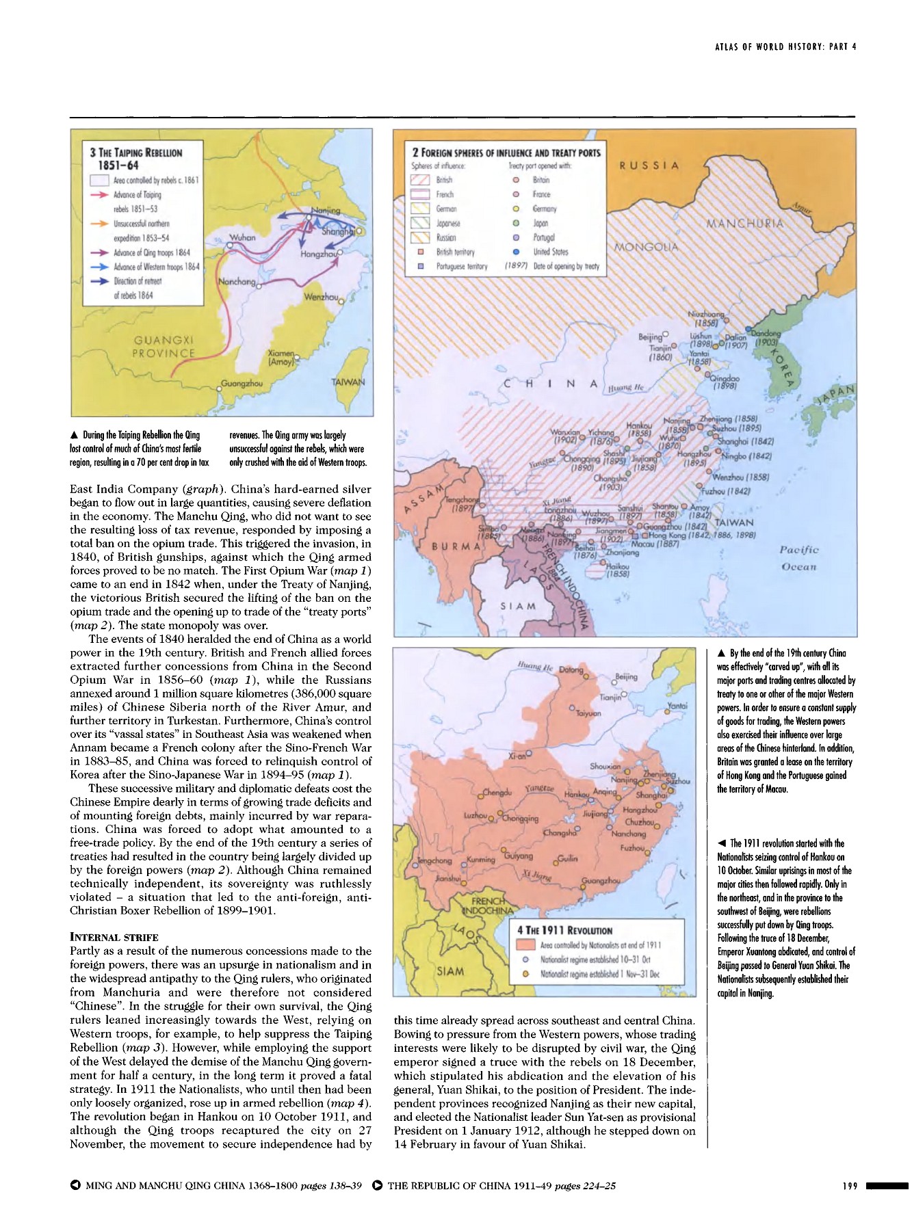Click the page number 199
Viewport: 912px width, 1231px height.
coord(850,1186)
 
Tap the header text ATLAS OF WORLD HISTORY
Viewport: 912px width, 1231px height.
coord(785,47)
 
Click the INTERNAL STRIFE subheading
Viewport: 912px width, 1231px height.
coord(114,937)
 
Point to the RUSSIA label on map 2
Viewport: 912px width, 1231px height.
coord(649,166)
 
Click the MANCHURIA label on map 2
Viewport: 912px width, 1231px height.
coord(745,224)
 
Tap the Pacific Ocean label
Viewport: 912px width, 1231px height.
coord(799,558)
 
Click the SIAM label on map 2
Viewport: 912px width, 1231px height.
coord(518,606)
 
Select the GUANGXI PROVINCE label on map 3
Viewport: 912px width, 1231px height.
coord(164,347)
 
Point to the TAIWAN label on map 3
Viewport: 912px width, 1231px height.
coord(348,382)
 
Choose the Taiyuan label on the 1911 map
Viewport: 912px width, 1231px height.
coord(588,713)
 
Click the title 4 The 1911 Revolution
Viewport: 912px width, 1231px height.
coord(564,930)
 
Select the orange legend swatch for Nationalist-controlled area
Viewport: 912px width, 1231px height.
coord(525,945)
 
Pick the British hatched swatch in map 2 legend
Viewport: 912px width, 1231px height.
coord(419,180)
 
